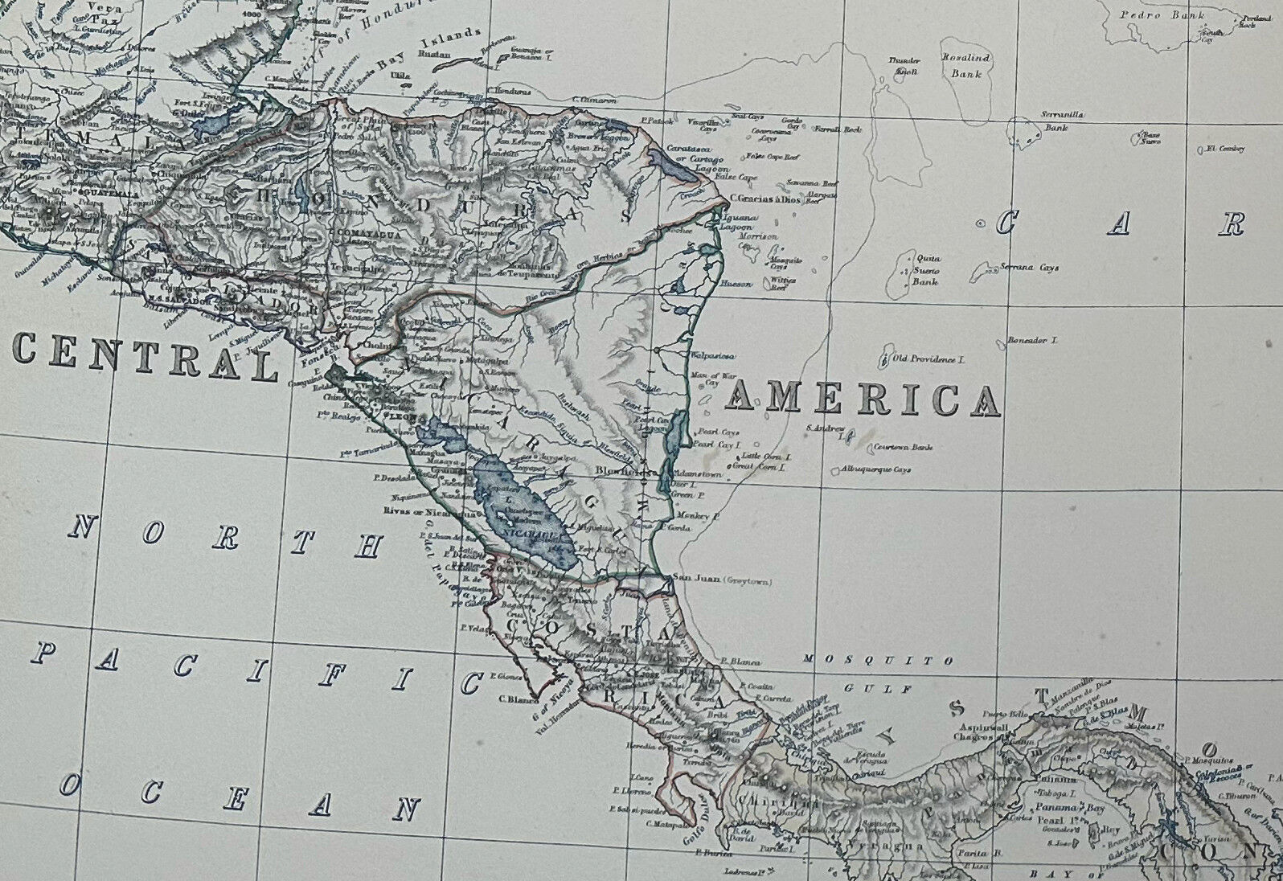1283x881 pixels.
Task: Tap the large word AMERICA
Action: click(x=865, y=399)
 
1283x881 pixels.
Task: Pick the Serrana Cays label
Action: click(x=1029, y=268)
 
